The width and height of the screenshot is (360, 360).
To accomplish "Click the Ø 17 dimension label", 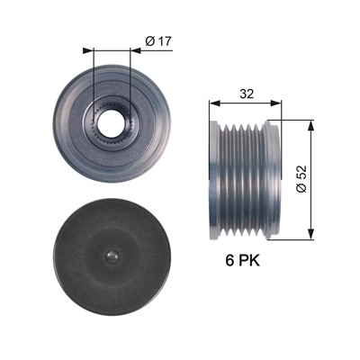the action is click(x=158, y=41).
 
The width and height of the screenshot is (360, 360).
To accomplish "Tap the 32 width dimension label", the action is click(x=247, y=94).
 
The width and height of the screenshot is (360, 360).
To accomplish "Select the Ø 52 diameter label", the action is click(x=301, y=179).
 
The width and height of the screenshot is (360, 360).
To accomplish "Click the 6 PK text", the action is click(x=243, y=260).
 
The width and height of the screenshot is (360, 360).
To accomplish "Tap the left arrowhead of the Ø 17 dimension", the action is click(x=88, y=50).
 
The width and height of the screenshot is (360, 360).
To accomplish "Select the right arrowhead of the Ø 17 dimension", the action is click(x=136, y=50).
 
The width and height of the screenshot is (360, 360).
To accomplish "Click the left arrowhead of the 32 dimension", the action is click(x=214, y=103).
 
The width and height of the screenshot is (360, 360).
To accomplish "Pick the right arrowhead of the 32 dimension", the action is click(x=276, y=103).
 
